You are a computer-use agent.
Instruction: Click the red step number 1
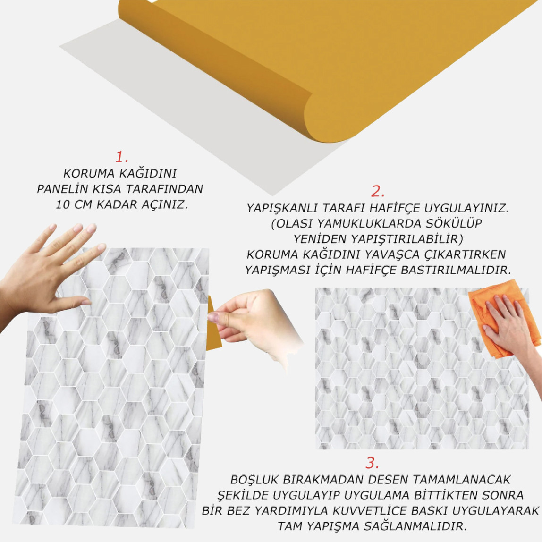[x=122, y=157]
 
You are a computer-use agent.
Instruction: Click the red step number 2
[x=378, y=191]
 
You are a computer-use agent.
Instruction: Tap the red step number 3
[x=373, y=462]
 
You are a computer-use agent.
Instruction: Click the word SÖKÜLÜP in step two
[x=456, y=223]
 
